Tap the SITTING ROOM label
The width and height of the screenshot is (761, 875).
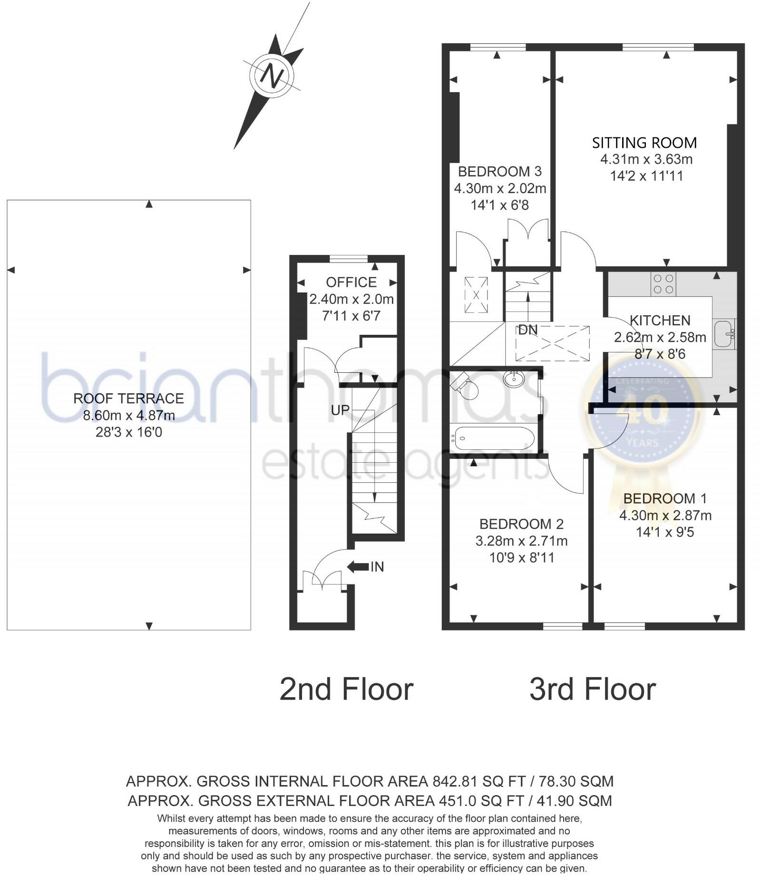coord(644,143)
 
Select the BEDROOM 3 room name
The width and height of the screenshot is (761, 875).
coord(500,171)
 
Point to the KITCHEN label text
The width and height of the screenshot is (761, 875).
coord(660,321)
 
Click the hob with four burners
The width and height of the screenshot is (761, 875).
coord(663,284)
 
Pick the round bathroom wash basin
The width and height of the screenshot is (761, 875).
coord(514,379)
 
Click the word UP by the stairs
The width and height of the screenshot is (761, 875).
coord(340,410)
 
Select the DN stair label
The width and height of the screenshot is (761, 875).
coord(528,330)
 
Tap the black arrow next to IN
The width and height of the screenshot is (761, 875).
coord(358,566)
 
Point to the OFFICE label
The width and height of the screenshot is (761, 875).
coord(351,282)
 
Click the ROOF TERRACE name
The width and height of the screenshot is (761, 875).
coord(128,399)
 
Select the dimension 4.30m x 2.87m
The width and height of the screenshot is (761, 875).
coord(665,515)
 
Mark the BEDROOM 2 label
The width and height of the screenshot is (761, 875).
coord(521,524)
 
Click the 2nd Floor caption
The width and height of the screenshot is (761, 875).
coord(346,690)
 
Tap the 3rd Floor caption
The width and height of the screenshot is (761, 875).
coord(593,690)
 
